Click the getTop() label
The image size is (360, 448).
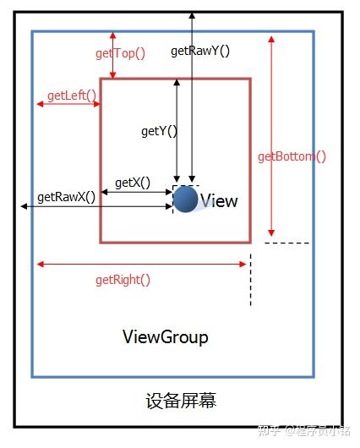[120, 53]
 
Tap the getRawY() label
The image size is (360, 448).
[200, 52]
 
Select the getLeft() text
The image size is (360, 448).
[72, 96]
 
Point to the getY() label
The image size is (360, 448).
[159, 131]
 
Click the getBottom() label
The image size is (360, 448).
[292, 156]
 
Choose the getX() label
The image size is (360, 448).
[133, 183]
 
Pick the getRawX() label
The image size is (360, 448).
[66, 197]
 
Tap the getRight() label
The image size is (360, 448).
[123, 280]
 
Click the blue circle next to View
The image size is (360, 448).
[185, 199]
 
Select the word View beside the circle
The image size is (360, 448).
[219, 200]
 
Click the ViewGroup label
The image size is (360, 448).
[166, 337]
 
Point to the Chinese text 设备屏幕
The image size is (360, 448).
[181, 401]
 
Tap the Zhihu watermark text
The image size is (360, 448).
[303, 431]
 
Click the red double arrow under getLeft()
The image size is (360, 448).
[68, 104]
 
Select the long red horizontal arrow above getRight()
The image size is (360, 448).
[141, 265]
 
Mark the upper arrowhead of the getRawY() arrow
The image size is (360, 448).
[193, 15]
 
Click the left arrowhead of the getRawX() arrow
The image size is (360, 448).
[24, 206]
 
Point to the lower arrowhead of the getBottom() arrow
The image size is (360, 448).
[271, 232]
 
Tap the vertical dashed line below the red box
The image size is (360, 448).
[251, 280]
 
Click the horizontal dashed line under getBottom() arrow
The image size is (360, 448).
[286, 243]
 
